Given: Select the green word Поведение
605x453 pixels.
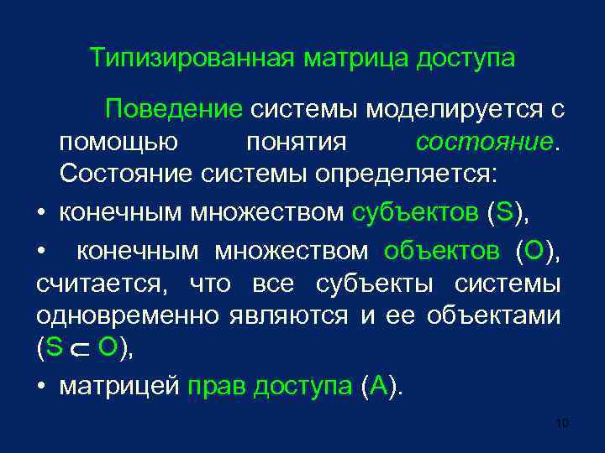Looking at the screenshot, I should (172, 109).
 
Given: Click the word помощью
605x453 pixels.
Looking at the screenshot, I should (118, 142).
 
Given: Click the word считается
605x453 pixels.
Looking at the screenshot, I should (102, 284).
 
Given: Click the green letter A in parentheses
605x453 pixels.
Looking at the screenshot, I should (377, 387).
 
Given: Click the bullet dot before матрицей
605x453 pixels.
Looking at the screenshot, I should (41, 388).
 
